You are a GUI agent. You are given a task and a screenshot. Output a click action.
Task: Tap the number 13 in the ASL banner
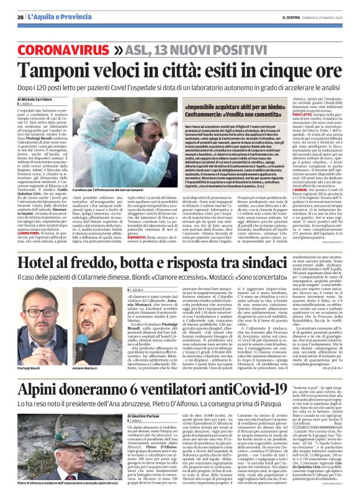click(176, 48)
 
